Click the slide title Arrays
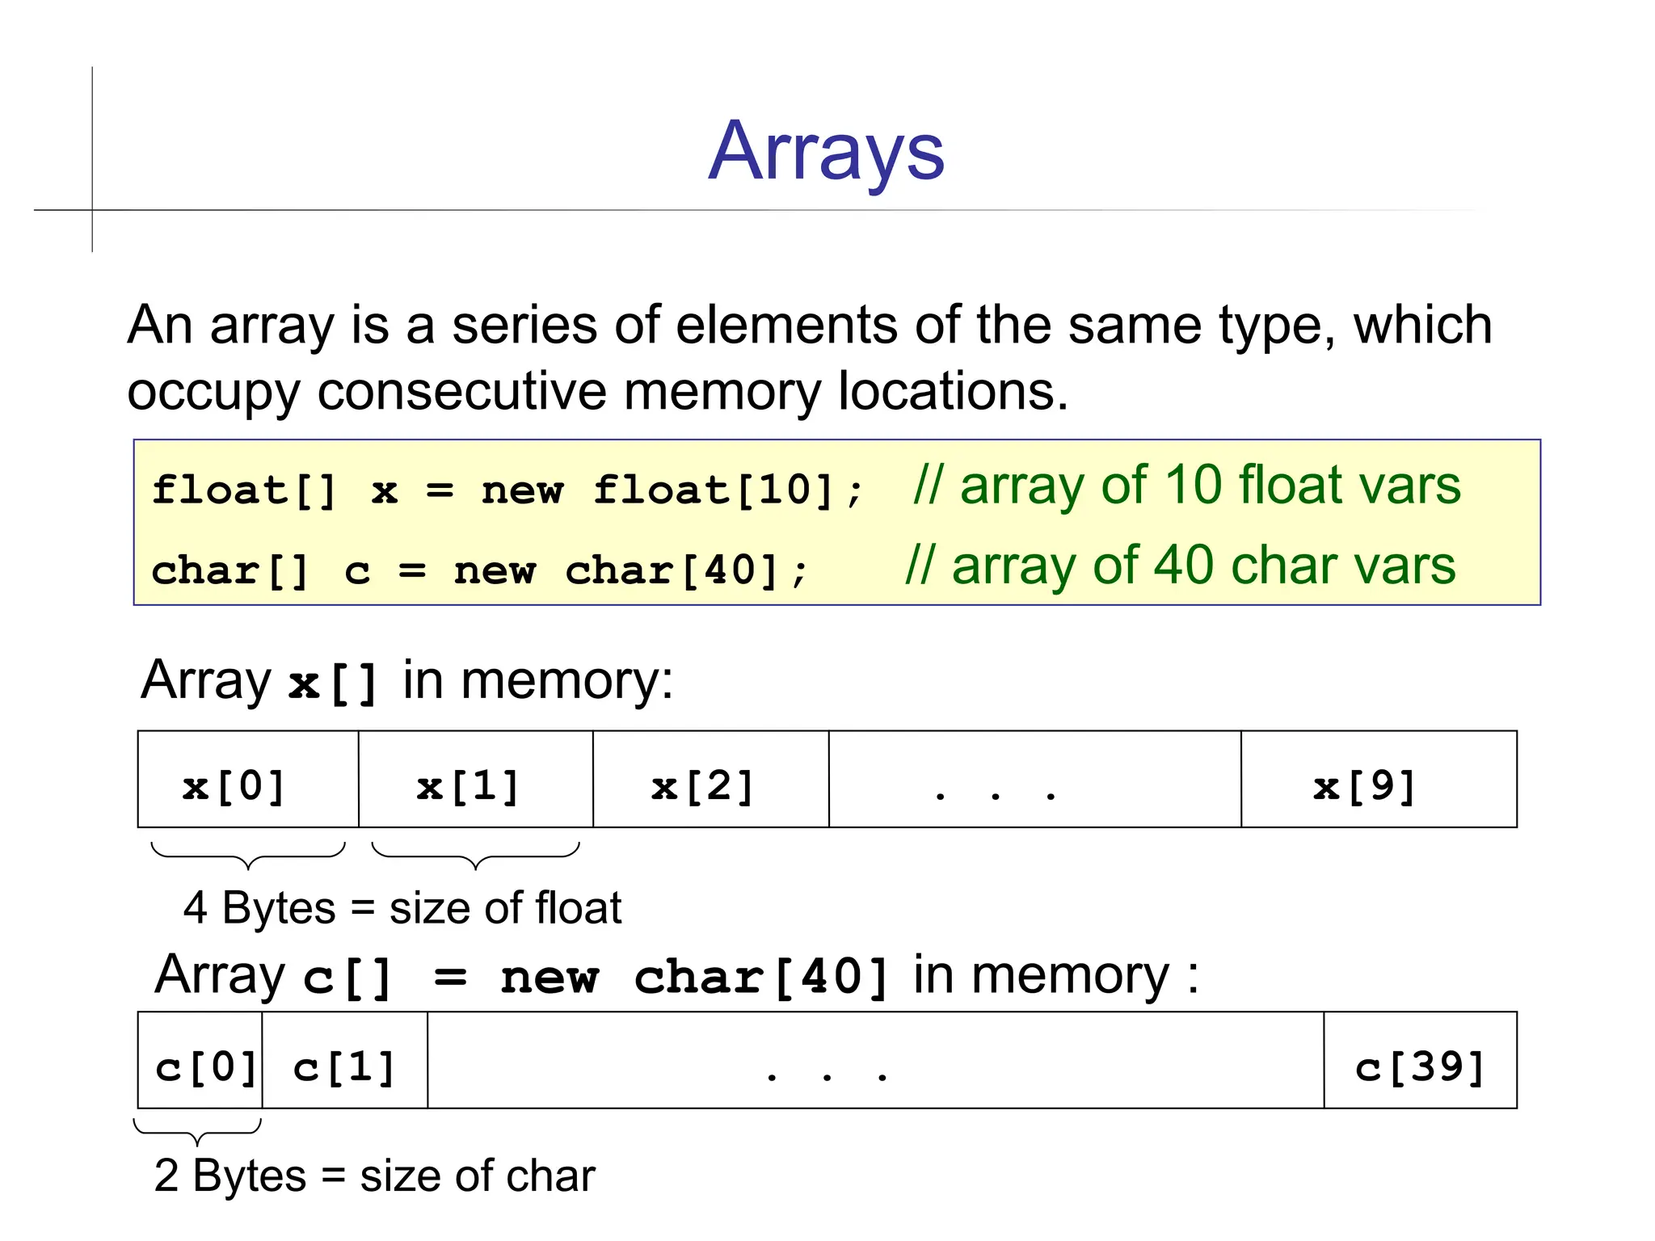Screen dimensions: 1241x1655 (x=826, y=152)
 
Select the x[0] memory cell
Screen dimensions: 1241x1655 (x=247, y=780)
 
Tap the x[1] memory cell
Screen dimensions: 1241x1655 (x=475, y=780)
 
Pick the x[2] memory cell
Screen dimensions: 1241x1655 (x=710, y=780)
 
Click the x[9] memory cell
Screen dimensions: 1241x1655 (x=1378, y=780)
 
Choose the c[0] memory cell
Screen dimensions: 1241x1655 (x=200, y=1060)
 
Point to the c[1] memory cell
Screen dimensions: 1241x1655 (x=345, y=1060)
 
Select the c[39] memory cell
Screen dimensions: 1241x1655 (x=1420, y=1060)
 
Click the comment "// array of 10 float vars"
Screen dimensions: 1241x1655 (x=1186, y=486)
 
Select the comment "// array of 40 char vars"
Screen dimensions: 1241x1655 (x=1180, y=565)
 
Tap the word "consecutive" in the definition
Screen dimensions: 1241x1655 (x=461, y=392)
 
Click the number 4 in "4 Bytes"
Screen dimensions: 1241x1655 (x=196, y=908)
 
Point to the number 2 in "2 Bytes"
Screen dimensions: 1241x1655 (x=166, y=1176)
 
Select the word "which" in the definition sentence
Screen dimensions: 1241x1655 (x=1421, y=326)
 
